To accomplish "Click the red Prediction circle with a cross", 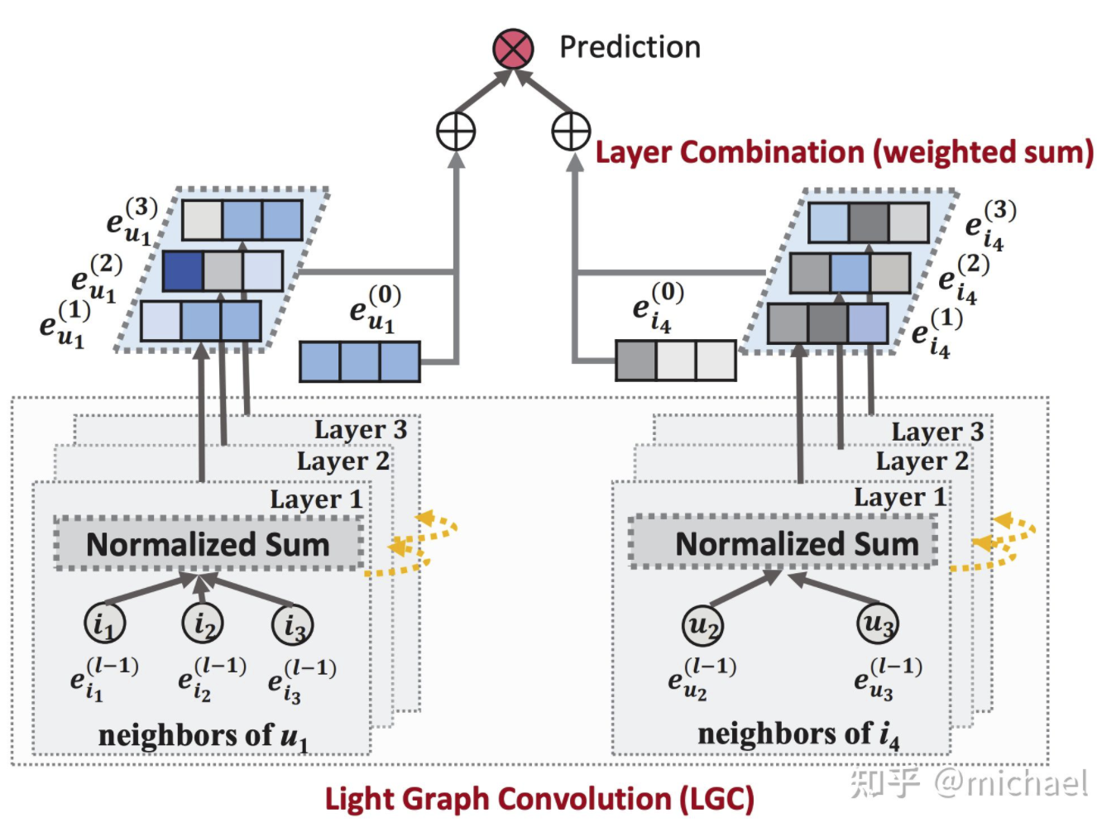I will tap(513, 49).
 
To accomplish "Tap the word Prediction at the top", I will tap(630, 47).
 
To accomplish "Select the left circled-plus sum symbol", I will tap(456, 131).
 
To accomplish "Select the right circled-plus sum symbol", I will tap(571, 131).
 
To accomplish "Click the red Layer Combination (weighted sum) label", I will tap(844, 153).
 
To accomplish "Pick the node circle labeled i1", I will tap(105, 623).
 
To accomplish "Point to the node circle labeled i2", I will tap(203, 623).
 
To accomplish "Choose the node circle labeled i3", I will tap(293, 624).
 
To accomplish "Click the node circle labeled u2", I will tap(702, 625).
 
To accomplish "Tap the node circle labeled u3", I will tap(877, 623).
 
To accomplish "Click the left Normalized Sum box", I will tap(208, 544).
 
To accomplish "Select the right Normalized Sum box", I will tap(784, 542).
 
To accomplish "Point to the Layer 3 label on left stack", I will tap(360, 429).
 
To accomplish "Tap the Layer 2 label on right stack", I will tap(922, 461).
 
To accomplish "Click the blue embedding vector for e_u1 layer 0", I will tap(359, 361).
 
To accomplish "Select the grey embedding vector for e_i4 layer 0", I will tap(676, 361).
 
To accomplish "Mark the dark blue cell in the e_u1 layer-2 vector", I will tap(182, 271).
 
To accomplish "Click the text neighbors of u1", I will tap(203, 735).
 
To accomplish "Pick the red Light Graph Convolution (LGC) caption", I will tap(539, 799).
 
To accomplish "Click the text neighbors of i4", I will tap(798, 734).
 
